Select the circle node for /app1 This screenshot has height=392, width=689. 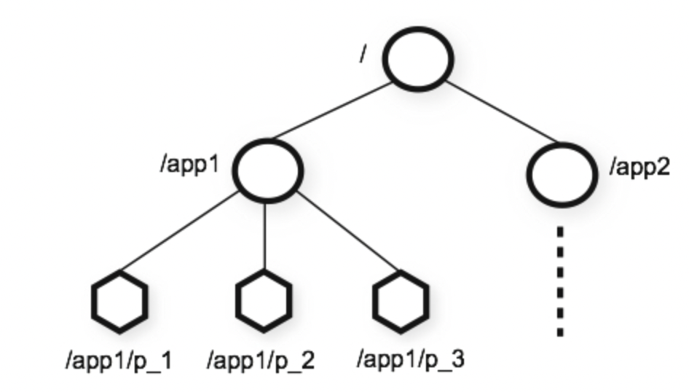click(x=267, y=170)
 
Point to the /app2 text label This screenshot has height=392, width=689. click(x=639, y=169)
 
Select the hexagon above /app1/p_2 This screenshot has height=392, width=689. click(x=264, y=300)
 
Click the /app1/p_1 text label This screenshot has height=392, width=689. click(x=117, y=361)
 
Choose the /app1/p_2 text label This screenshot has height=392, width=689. click(x=261, y=361)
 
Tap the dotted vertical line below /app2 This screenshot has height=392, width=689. click(x=560, y=281)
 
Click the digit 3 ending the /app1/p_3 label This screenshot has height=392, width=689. click(x=459, y=359)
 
